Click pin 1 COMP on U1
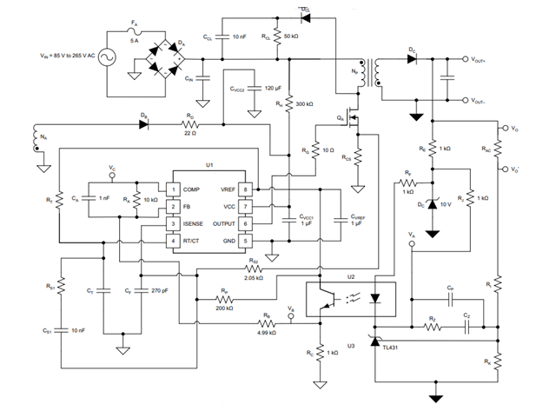click(173, 189)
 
